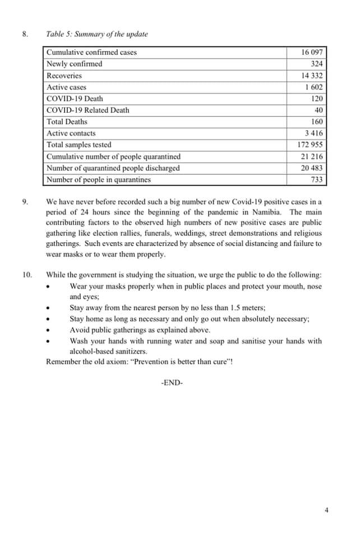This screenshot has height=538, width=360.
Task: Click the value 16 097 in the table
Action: pos(312,52)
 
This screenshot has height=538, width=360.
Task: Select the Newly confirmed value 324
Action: pos(316,64)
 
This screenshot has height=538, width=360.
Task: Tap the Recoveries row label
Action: pos(64,76)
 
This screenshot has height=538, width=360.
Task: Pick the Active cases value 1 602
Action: pos(314,87)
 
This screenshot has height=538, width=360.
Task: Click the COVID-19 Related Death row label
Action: pos(87,110)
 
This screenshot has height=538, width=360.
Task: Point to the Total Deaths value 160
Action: pos(317,122)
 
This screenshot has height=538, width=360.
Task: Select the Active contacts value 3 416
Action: pos(313,133)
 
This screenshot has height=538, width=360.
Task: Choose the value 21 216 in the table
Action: pos(312,157)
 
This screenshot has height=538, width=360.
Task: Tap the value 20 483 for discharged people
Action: pos(312,168)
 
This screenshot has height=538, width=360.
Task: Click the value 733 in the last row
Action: pos(316,180)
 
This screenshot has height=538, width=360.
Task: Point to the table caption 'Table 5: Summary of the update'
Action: pos(97,34)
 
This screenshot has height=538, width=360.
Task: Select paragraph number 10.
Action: pos(27,275)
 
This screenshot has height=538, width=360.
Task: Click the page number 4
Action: pos(326,510)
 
